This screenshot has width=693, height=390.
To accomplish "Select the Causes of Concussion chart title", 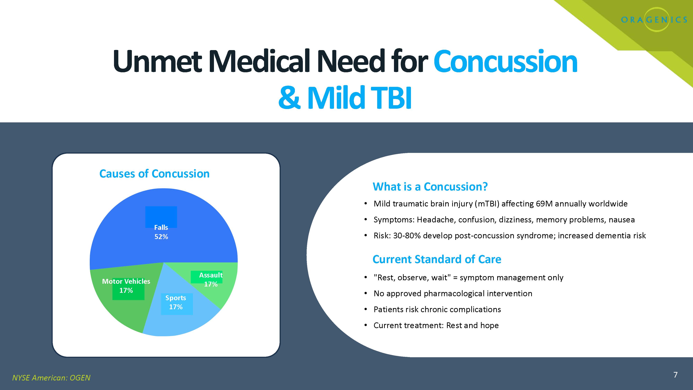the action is [x=154, y=174].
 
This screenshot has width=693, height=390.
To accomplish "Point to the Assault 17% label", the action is [x=211, y=280].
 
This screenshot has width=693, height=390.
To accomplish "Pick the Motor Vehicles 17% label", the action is [x=126, y=286].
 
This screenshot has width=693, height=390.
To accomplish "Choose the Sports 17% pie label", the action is [x=176, y=302].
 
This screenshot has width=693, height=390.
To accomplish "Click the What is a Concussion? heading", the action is [x=430, y=187].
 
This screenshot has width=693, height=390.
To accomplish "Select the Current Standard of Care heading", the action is [x=437, y=259].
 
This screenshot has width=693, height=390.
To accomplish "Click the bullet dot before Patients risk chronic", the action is [x=366, y=309].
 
